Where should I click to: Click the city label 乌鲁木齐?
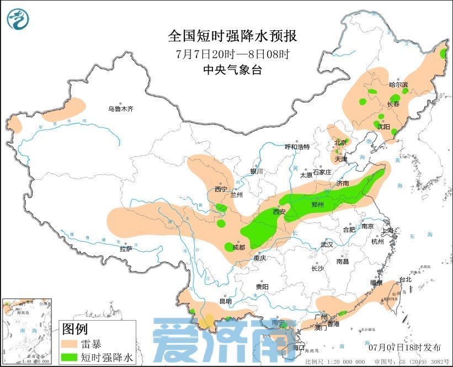pyautogui.click(x=120, y=109)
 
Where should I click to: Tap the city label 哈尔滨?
pyautogui.click(x=398, y=85)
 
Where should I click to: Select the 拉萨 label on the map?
pyautogui.click(x=126, y=249)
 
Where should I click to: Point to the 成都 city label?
pyautogui.click(x=238, y=247)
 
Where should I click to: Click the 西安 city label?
pyautogui.click(x=279, y=212)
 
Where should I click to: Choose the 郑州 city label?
pyautogui.click(x=317, y=205)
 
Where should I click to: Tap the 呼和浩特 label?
pyautogui.click(x=297, y=147)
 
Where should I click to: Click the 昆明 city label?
pyautogui.click(x=225, y=301)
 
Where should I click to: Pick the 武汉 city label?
pyautogui.click(x=327, y=244)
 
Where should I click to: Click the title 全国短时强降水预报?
pyautogui.click(x=232, y=36)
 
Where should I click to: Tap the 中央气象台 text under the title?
pyautogui.click(x=232, y=70)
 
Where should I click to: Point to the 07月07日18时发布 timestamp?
pyautogui.click(x=405, y=347)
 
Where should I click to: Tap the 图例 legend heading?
pyautogui.click(x=75, y=329)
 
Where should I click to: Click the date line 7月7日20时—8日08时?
pyautogui.click(x=232, y=54)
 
